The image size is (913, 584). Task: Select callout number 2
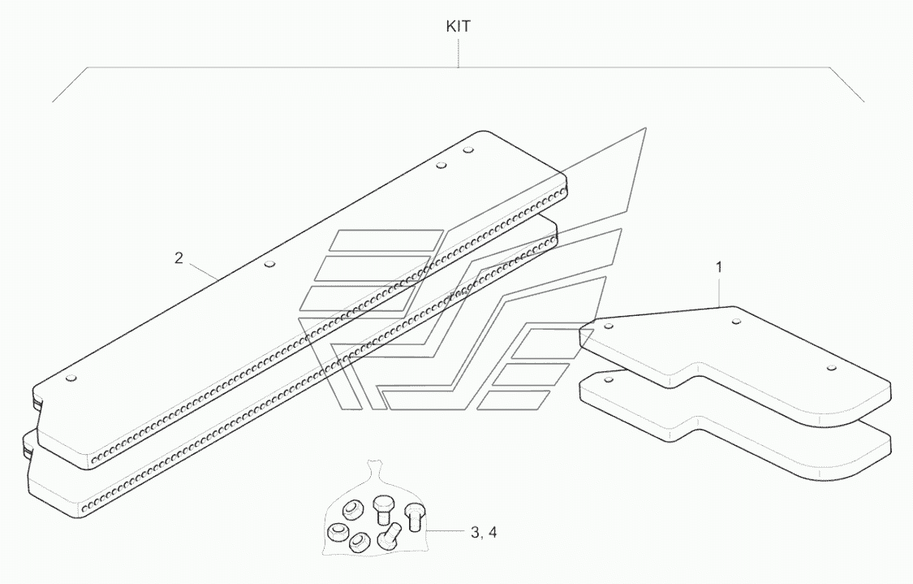[x=179, y=258]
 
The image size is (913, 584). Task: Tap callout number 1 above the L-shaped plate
[x=717, y=266]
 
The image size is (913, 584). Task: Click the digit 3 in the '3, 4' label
[x=475, y=533]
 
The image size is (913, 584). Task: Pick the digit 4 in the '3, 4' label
[x=492, y=533]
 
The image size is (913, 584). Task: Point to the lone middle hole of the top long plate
[x=270, y=263]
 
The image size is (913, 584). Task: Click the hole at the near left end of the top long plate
[x=71, y=378]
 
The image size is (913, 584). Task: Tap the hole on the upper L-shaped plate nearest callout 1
[x=736, y=322]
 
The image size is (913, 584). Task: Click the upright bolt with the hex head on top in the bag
[x=383, y=511]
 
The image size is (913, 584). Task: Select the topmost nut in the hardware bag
[x=351, y=510]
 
